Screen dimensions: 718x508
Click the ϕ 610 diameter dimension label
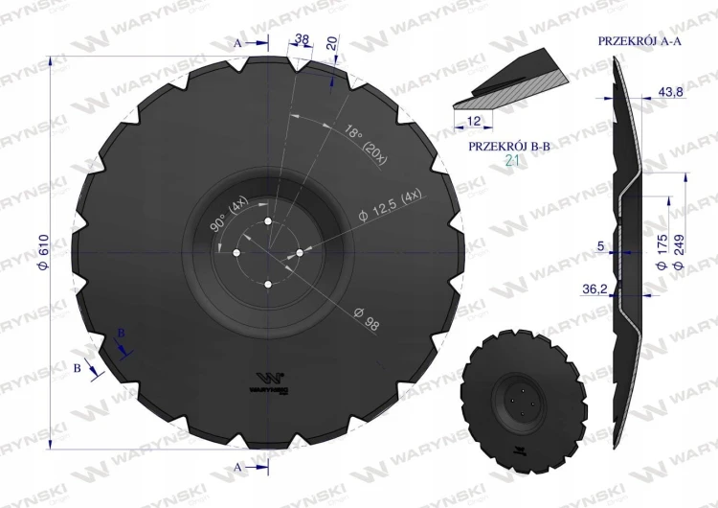(x=44, y=252)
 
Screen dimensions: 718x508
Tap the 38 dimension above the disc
(x=302, y=39)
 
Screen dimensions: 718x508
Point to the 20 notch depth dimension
(x=332, y=43)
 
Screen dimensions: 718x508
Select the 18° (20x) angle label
(x=366, y=144)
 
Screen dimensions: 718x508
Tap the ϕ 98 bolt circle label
(x=367, y=318)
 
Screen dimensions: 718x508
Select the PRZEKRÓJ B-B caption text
(x=508, y=147)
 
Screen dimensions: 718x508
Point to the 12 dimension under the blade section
(x=474, y=121)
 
